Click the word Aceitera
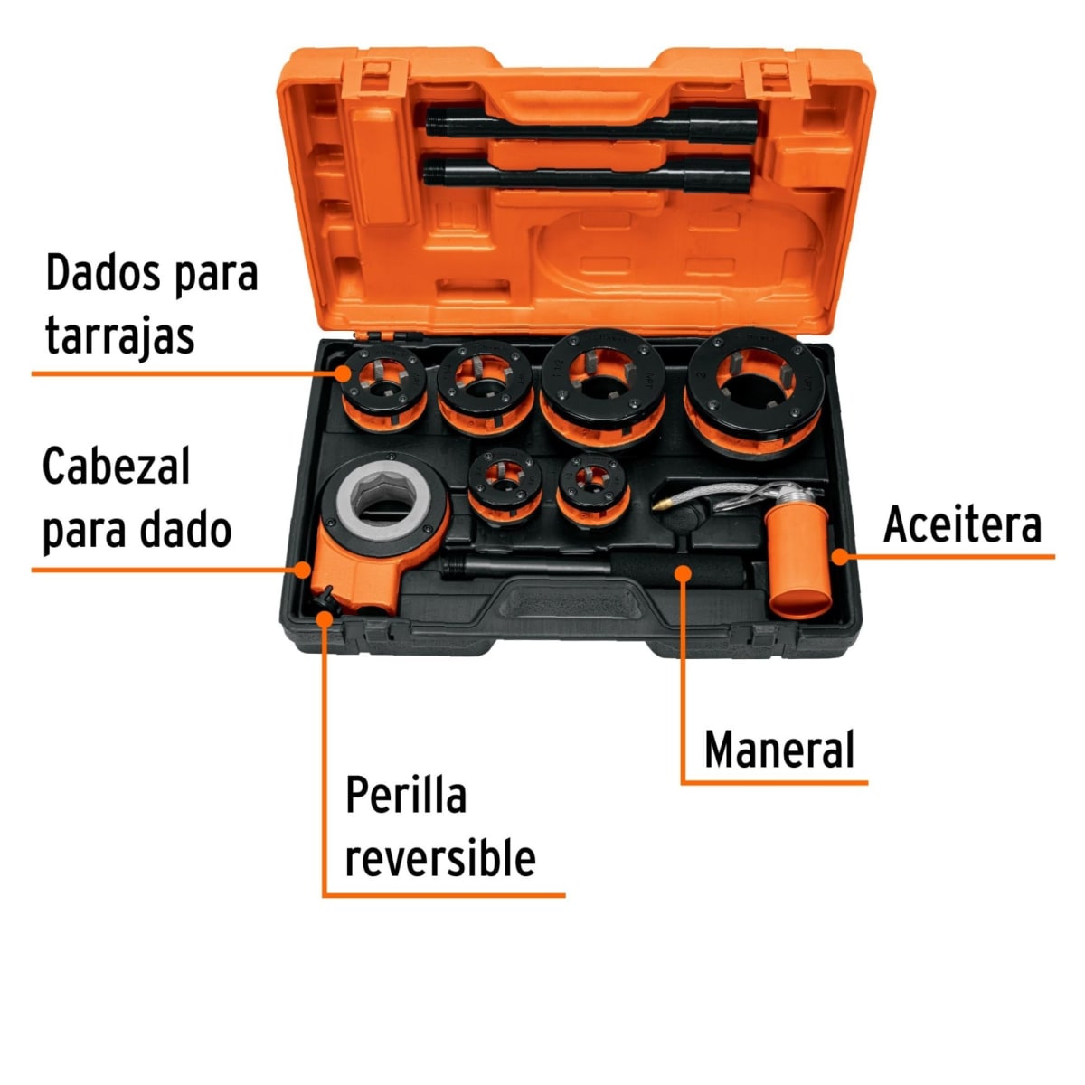point(962,524)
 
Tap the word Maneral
point(779,750)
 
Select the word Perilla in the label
point(406,796)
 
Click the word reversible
point(440,857)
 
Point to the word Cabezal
point(117,467)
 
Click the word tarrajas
point(120,335)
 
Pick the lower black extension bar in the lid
point(588,171)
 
